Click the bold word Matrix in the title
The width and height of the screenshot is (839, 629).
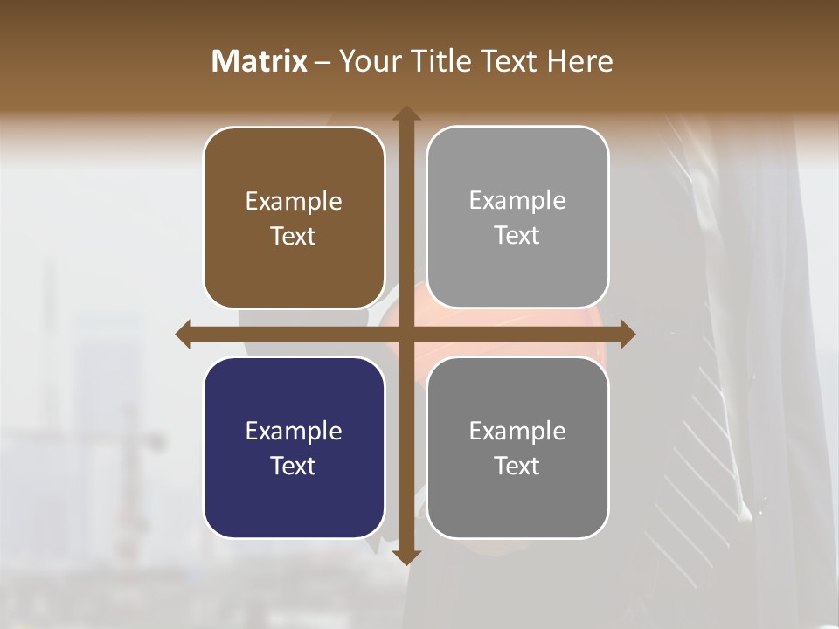coord(260,61)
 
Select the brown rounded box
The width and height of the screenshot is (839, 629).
coord(294,218)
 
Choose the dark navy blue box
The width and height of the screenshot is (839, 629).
coord(294,447)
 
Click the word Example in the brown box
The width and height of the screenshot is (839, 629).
coord(294,201)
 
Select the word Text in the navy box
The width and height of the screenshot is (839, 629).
coord(294,466)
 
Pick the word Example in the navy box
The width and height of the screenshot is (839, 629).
coord(294,431)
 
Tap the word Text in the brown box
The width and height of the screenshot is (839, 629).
coord(294,236)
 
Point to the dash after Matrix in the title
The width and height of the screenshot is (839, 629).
coord(322,62)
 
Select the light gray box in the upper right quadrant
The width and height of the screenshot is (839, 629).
coord(517,218)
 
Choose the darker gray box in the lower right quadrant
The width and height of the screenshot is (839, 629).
coord(517,447)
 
